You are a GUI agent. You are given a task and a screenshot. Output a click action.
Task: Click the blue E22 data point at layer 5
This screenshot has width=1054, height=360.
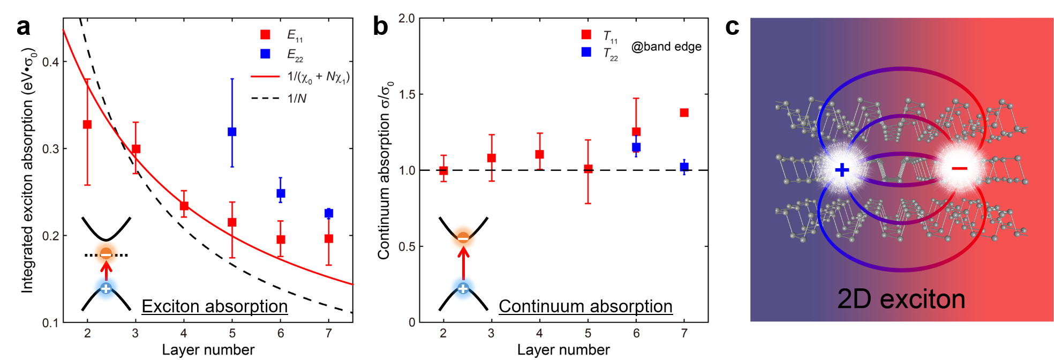pyautogui.click(x=232, y=132)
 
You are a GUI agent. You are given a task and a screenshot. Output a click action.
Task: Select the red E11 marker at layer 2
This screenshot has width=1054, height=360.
pyautogui.click(x=87, y=124)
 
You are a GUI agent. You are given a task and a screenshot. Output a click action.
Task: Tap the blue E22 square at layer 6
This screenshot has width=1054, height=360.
pyautogui.click(x=281, y=193)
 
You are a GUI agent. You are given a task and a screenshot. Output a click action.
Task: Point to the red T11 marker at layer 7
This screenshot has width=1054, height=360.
pyautogui.click(x=684, y=112)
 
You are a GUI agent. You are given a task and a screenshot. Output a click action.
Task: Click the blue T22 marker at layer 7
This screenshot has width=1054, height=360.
pyautogui.click(x=684, y=167)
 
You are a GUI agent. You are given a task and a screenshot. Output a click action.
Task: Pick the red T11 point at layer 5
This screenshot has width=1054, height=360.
pyautogui.click(x=588, y=169)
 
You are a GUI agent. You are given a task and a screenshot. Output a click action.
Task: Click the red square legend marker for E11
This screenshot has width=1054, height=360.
pyautogui.click(x=265, y=35)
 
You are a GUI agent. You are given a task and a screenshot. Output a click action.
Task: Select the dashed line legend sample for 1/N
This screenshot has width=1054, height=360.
pyautogui.click(x=265, y=98)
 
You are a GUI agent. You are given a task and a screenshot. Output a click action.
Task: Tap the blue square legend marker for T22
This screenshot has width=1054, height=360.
pyautogui.click(x=586, y=52)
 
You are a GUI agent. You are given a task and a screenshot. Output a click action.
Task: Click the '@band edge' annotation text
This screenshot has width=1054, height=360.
pyautogui.click(x=666, y=47)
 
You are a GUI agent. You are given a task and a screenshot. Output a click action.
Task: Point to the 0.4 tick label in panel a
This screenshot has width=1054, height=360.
pyautogui.click(x=50, y=62)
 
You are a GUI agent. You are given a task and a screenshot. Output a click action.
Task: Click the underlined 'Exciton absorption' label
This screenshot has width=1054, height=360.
pyautogui.click(x=215, y=306)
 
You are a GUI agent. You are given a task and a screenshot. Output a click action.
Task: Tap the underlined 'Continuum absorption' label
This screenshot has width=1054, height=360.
pyautogui.click(x=585, y=306)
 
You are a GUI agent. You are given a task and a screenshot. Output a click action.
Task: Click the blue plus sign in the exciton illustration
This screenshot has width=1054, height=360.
pyautogui.click(x=842, y=170)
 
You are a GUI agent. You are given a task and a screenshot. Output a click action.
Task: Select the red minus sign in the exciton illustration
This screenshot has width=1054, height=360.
pyautogui.click(x=959, y=169)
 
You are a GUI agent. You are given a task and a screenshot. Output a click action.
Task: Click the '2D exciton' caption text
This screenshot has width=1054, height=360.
pyautogui.click(x=901, y=299)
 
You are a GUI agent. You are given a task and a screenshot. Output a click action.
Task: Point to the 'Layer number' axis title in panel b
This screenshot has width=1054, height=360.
pyautogui.click(x=563, y=350)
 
